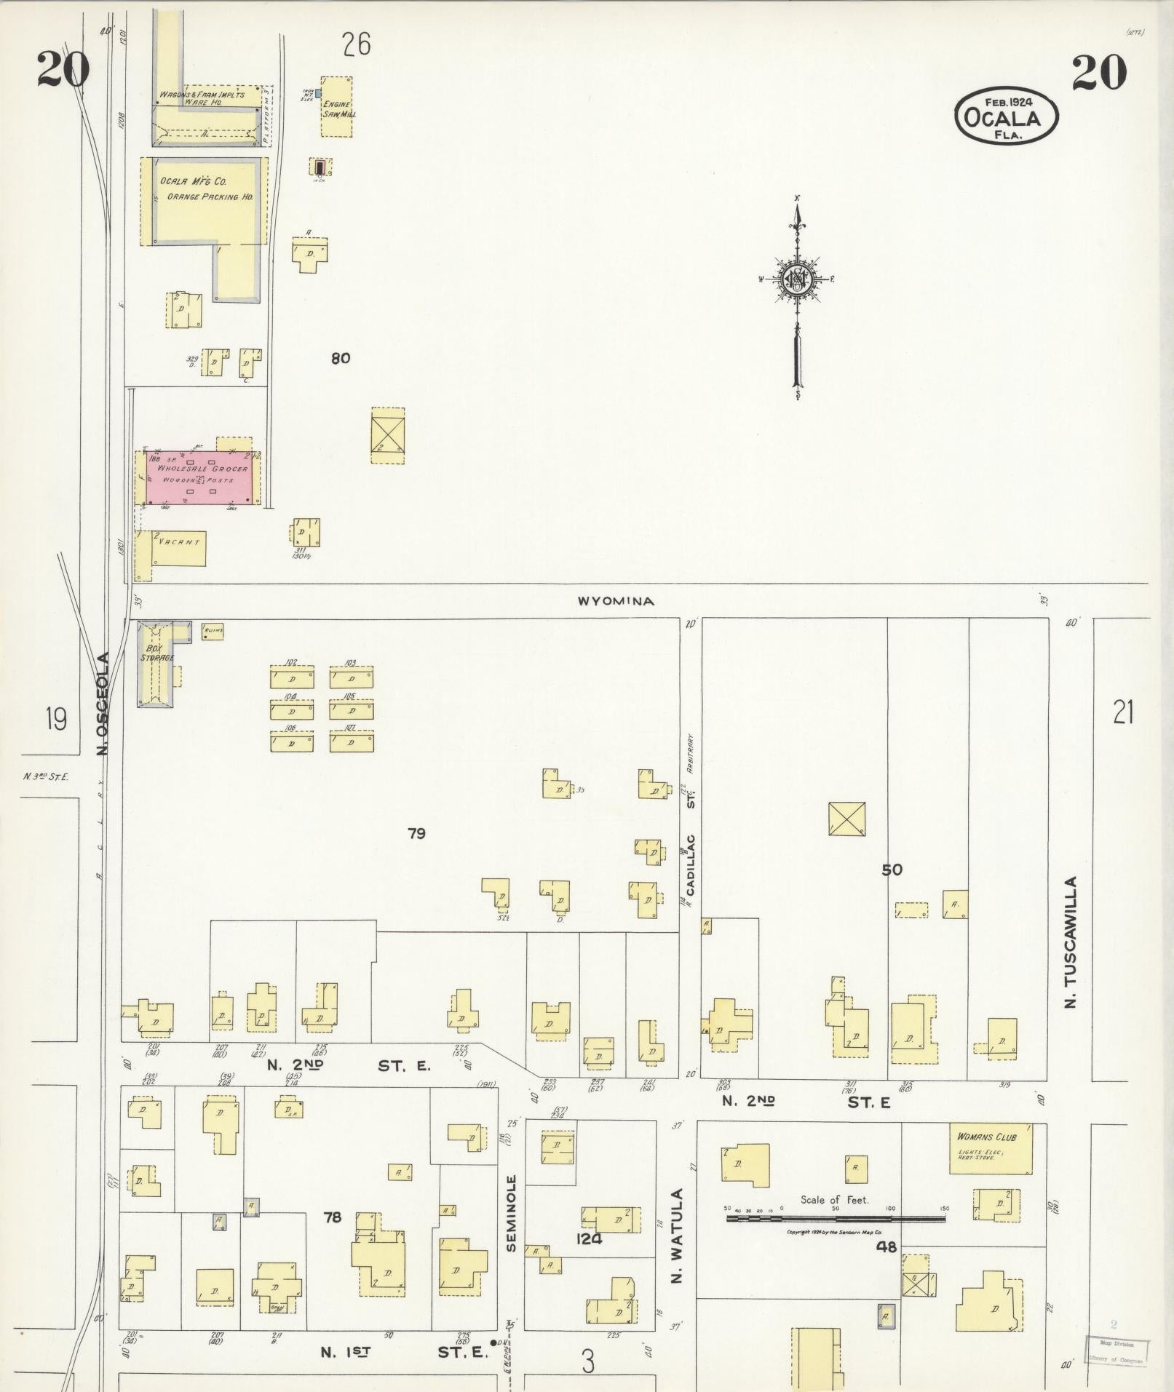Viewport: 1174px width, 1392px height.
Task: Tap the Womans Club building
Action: coord(991,1148)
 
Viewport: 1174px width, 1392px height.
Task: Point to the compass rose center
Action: coord(797,279)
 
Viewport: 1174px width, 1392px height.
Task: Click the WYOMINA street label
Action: coord(616,601)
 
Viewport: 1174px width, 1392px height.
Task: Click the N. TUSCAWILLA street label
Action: coord(1070,942)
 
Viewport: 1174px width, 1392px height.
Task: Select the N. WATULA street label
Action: coord(677,1236)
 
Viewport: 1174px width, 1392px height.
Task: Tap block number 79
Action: coord(416,833)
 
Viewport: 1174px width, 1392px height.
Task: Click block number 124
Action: coord(588,1238)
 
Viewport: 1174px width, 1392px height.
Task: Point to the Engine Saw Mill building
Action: coord(338,107)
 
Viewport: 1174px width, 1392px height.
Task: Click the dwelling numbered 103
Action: coord(352,678)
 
